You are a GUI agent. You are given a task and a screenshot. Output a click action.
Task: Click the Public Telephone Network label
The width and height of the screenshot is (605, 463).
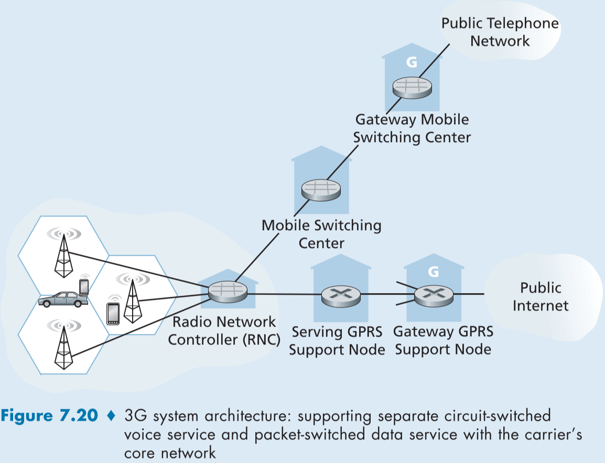[500, 32]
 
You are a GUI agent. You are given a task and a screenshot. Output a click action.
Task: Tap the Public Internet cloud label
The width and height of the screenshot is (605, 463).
[541, 296]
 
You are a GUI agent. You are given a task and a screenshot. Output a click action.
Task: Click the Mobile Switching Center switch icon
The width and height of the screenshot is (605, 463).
[321, 190]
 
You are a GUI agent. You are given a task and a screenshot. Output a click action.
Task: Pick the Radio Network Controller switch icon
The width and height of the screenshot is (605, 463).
[228, 291]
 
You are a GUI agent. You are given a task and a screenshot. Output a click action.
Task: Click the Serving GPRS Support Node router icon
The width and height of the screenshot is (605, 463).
[341, 296]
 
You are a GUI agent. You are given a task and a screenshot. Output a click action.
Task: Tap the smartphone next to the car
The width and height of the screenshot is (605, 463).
[84, 287]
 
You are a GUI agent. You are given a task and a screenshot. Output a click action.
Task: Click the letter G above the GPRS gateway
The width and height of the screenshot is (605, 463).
[433, 272]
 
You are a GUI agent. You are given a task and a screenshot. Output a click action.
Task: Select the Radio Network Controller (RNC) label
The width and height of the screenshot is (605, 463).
[224, 330]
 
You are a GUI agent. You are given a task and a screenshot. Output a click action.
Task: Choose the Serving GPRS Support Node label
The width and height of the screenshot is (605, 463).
[337, 340]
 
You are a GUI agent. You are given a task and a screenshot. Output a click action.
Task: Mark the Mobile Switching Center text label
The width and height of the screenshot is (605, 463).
[321, 234]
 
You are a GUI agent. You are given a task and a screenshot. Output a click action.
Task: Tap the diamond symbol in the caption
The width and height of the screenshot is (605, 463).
[110, 416]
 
